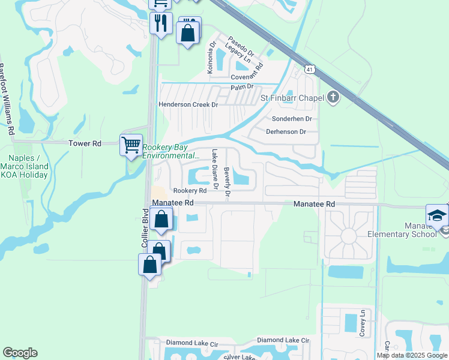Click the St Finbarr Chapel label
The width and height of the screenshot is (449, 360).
click(292, 97)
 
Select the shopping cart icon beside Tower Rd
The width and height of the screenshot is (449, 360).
click(131, 145)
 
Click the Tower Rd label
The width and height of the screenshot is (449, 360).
click(85, 143)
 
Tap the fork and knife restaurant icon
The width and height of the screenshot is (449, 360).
click(161, 23)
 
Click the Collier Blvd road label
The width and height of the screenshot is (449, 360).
click(145, 228)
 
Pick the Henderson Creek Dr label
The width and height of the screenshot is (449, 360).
click(187, 104)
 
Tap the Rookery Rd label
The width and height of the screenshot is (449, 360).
click(190, 190)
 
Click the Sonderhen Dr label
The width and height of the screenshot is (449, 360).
click(288, 119)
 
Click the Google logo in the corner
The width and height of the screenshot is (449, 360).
click(20, 353)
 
